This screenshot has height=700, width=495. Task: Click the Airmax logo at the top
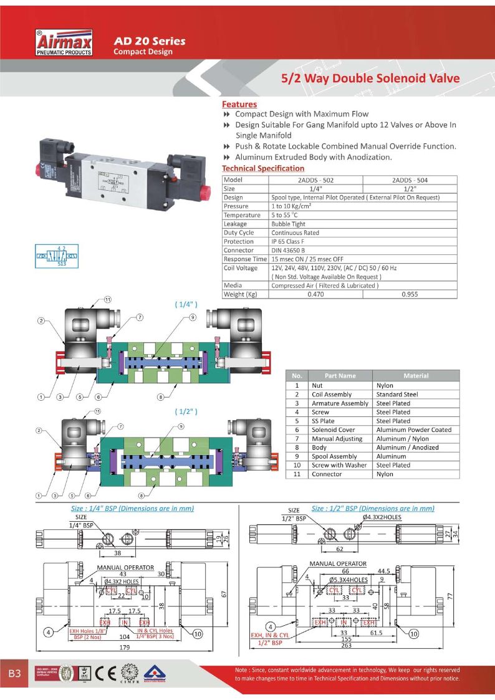point(64,42)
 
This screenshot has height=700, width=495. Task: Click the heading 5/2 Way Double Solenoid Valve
point(370,79)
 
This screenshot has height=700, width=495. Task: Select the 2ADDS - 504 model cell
point(410,180)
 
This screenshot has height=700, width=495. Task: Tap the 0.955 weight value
point(410,294)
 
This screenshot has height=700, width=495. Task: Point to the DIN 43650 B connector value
point(291,250)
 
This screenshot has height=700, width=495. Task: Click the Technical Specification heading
point(263,168)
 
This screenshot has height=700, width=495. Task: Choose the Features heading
point(239,104)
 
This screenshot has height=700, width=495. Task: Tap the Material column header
point(416,376)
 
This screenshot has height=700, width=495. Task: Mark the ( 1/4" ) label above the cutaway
point(186,305)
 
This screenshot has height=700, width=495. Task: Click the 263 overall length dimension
point(345,646)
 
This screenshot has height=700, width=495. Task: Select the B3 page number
point(15,674)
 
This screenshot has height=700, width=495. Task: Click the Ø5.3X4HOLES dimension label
point(348,580)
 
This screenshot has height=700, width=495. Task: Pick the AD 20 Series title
point(149,41)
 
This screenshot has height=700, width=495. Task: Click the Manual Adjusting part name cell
point(338,438)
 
